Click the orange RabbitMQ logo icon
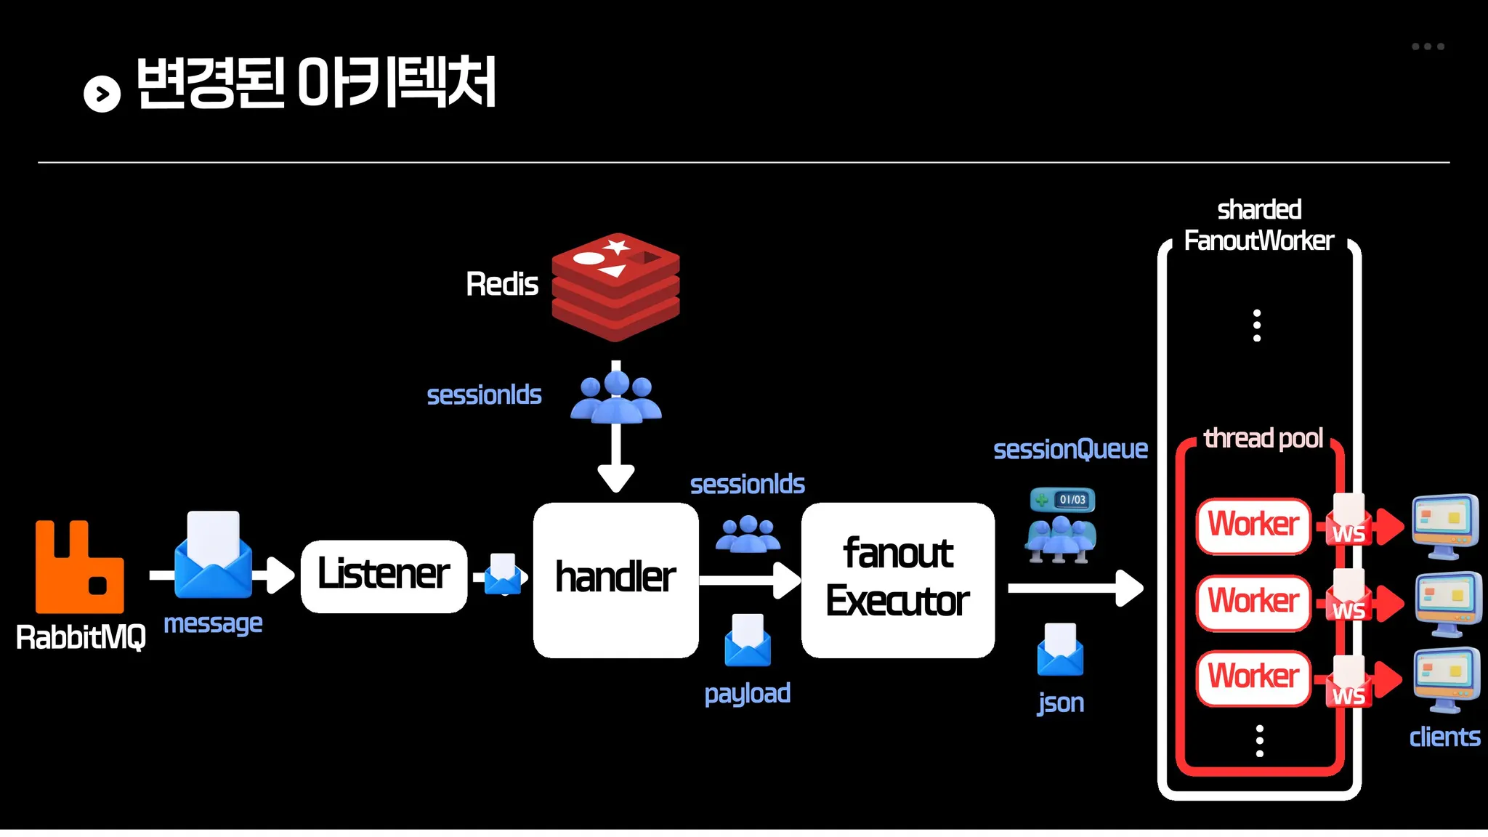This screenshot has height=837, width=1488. [79, 567]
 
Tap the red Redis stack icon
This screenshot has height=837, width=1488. [615, 286]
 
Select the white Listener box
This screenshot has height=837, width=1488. [384, 575]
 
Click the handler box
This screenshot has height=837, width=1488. [615, 579]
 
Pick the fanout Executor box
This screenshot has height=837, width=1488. [897, 579]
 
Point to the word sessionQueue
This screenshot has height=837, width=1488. [1070, 450]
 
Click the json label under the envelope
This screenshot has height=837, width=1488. [1061, 703]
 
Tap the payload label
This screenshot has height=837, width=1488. [747, 693]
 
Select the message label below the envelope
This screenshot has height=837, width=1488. [213, 623]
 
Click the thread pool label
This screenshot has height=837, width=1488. [1263, 438]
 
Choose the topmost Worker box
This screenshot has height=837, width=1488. [1253, 525]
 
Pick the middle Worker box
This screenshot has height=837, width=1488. [1253, 602]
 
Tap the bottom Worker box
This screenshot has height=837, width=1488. [1253, 677]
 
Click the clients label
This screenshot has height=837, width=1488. [1444, 737]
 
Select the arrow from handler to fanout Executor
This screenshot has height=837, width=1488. [748, 580]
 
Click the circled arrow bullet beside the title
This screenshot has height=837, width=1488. [102, 94]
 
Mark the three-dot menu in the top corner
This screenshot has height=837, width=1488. [1428, 46]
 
